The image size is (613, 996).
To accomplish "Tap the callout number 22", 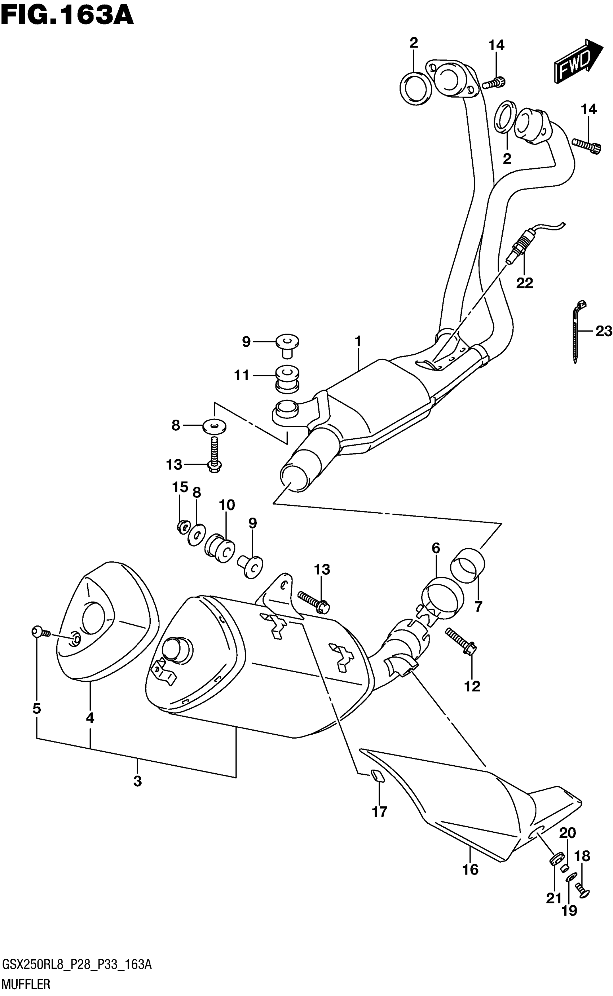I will pos(524,283).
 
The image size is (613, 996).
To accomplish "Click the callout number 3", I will pos(137,780).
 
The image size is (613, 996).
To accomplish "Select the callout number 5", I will pos(36,708).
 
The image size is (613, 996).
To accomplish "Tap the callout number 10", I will pos(227,505).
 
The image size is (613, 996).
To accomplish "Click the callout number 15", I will pos(180,487).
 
